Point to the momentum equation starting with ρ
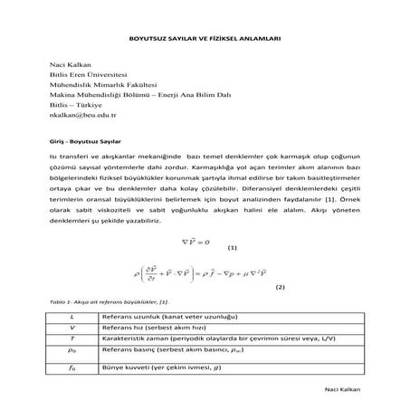tap(204, 271)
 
